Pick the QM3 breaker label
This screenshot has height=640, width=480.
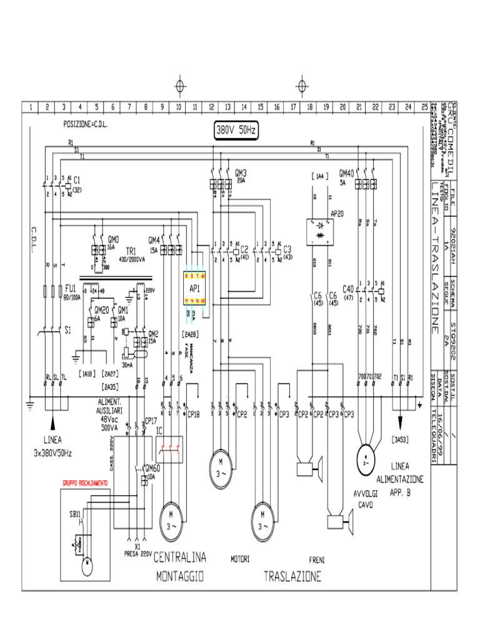pyautogui.click(x=241, y=172)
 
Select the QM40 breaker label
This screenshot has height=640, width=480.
pyautogui.click(x=346, y=172)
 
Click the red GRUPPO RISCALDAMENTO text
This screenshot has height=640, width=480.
pyautogui.click(x=84, y=483)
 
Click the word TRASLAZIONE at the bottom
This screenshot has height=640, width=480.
pyautogui.click(x=292, y=576)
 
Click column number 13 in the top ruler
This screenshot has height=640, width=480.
pyautogui.click(x=227, y=107)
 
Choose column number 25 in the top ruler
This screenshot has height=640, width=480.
pyautogui.click(x=424, y=107)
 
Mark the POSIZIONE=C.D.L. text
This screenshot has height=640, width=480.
pyautogui.click(x=86, y=124)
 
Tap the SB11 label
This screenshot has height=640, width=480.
pyautogui.click(x=76, y=514)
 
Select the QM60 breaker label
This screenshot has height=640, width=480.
pyautogui.click(x=152, y=467)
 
